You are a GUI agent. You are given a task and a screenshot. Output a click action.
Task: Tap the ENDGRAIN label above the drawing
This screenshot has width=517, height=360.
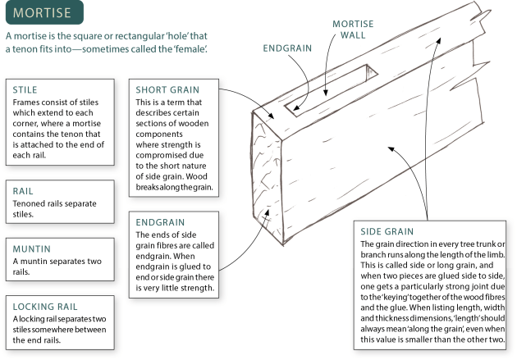tap(288, 48)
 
